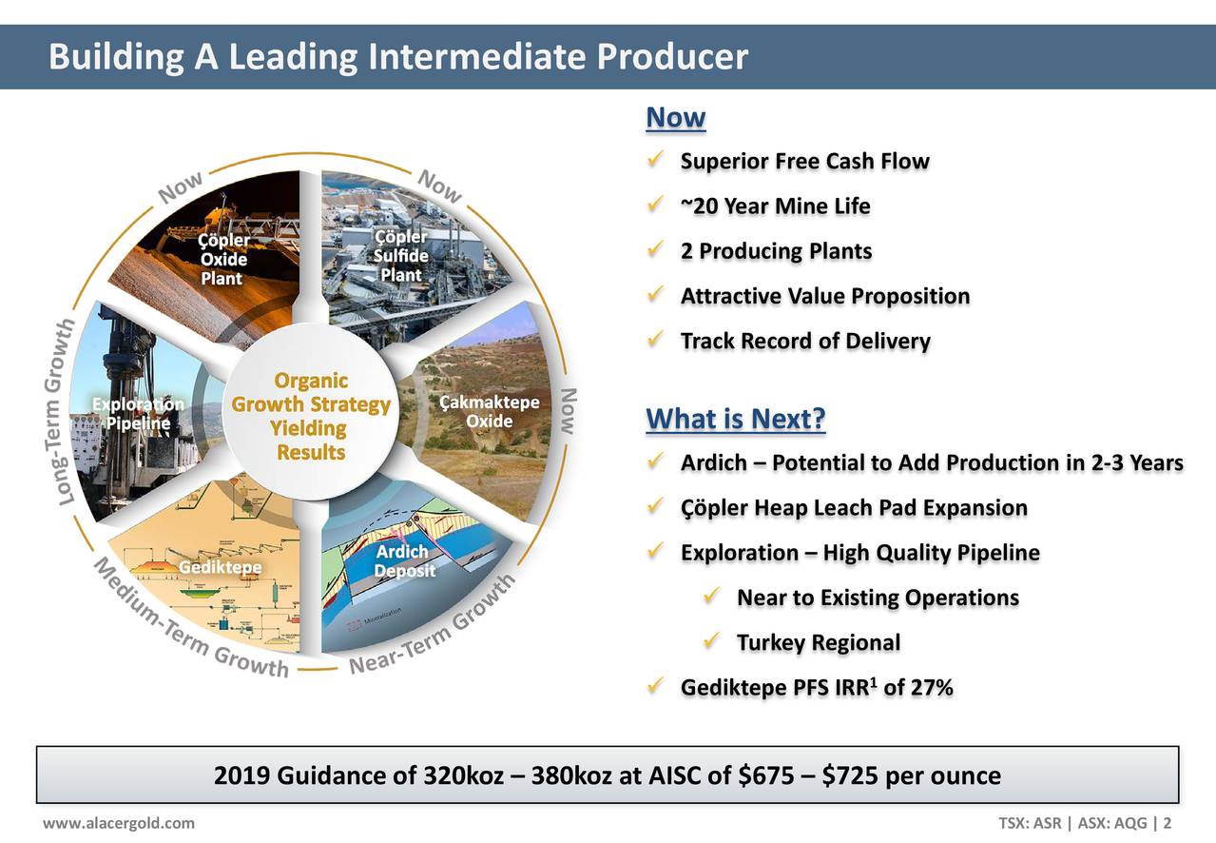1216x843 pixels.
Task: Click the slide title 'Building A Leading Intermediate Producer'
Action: pos(398,57)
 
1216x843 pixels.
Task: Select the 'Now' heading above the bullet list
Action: pos(675,118)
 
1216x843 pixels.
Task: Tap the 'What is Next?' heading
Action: pos(735,419)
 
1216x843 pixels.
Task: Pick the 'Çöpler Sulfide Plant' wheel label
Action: pos(400,255)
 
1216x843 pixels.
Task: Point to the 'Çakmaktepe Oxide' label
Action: pos(490,412)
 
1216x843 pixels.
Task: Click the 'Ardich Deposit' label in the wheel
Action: pos(403,561)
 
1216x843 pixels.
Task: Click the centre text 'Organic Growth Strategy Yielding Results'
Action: pos(311,417)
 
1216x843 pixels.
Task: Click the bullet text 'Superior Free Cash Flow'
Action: pos(804,162)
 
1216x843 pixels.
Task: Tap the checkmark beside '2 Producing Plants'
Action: pos(653,251)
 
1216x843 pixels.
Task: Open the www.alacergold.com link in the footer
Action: pos(119,823)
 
